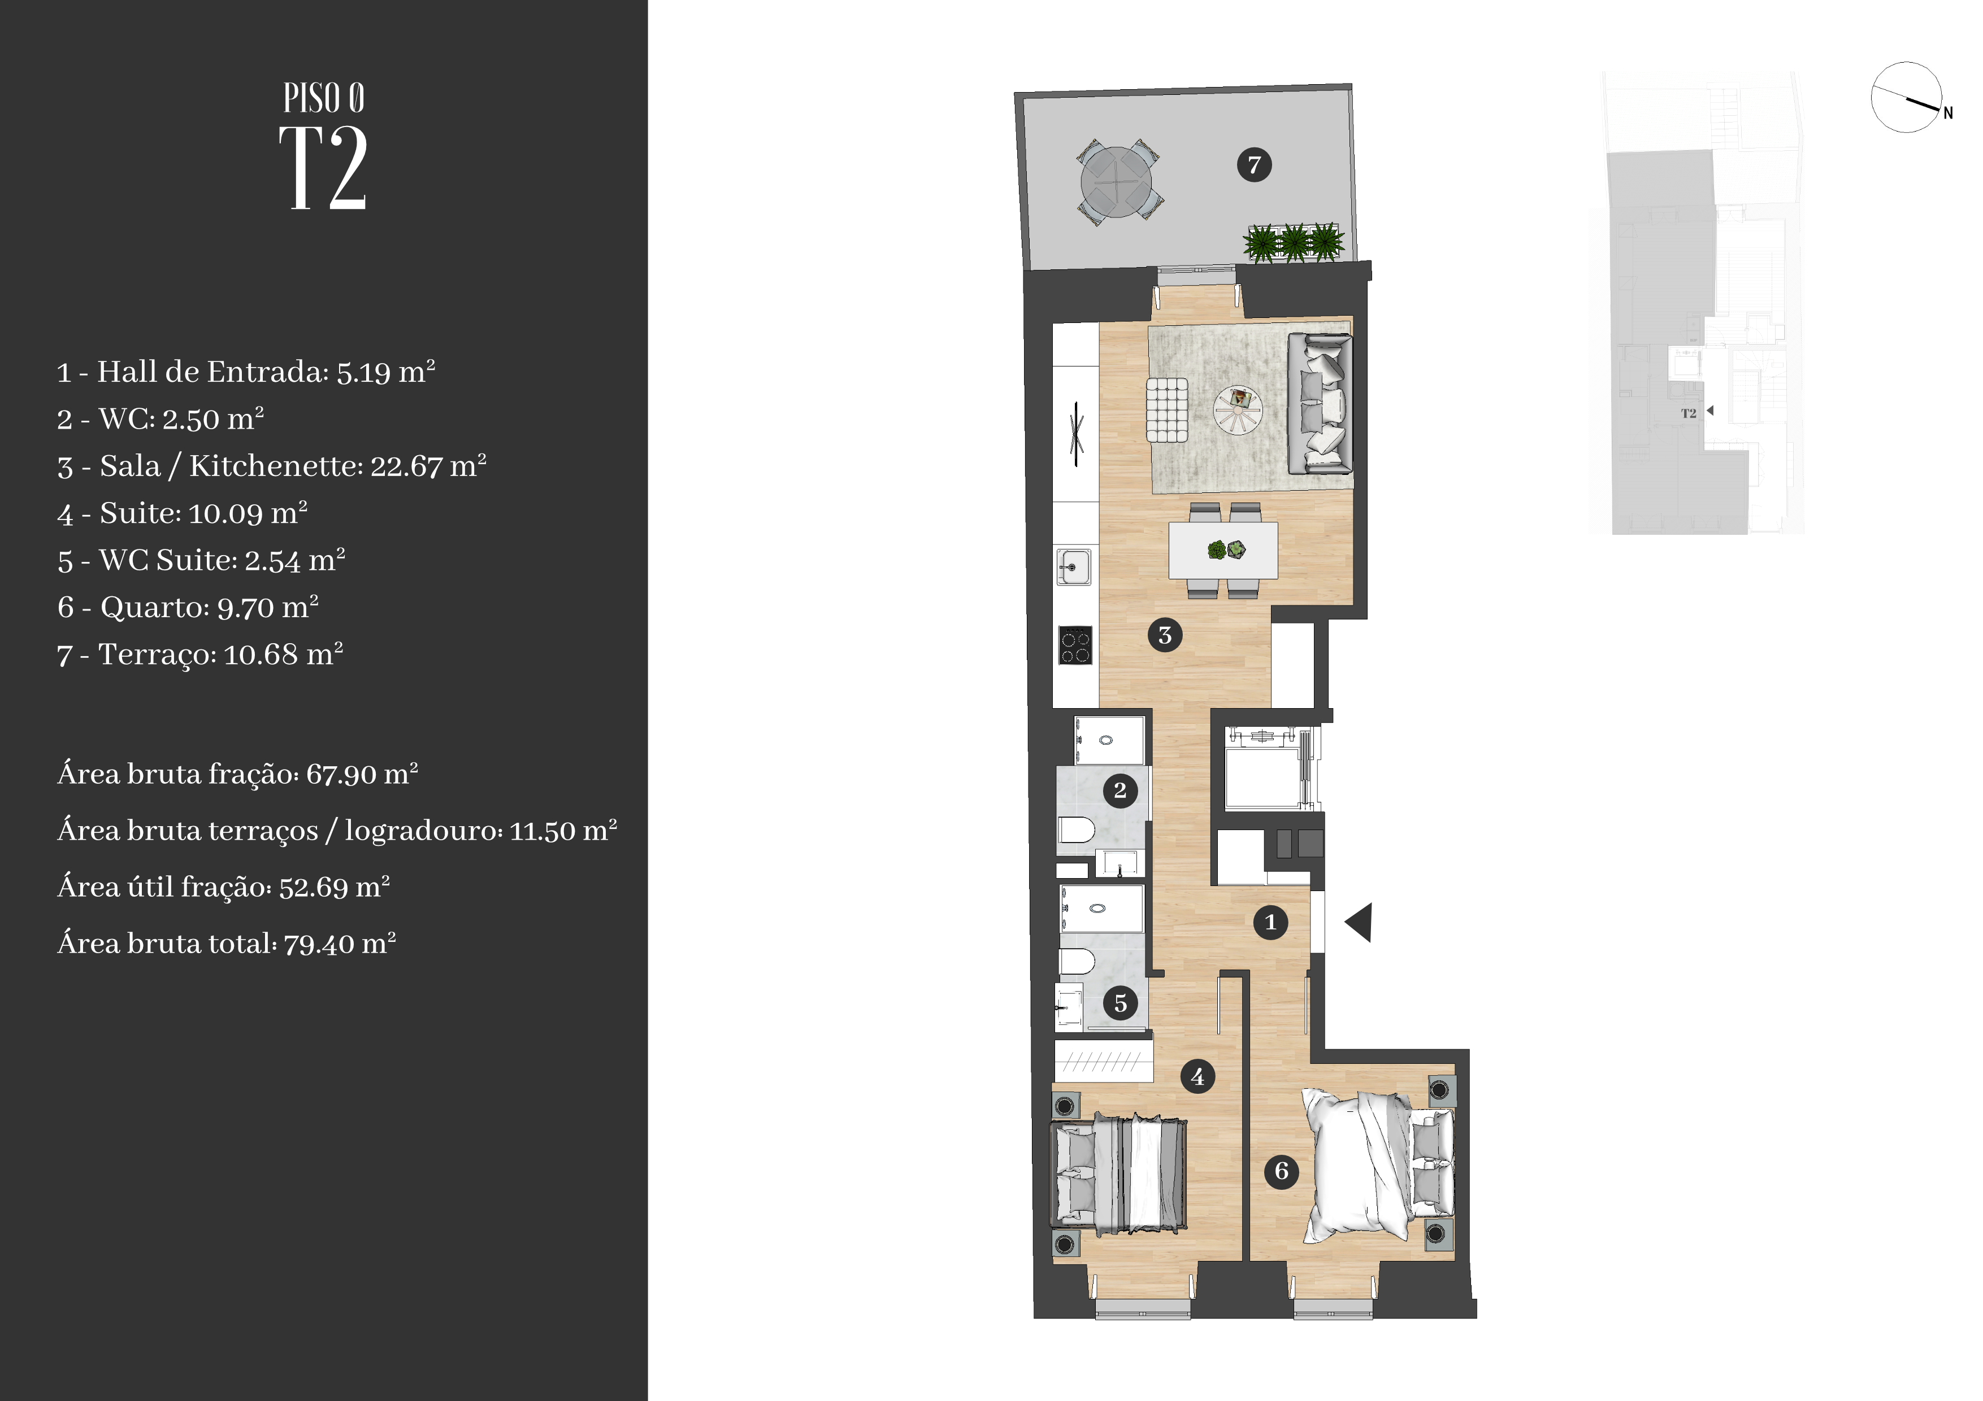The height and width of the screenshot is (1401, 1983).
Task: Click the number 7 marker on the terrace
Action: pyautogui.click(x=1254, y=164)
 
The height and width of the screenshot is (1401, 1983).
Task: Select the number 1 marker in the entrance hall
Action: pyautogui.click(x=1270, y=922)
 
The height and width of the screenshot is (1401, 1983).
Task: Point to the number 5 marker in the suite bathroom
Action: pyautogui.click(x=1120, y=1003)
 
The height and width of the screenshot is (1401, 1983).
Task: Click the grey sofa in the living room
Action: pyautogui.click(x=1320, y=403)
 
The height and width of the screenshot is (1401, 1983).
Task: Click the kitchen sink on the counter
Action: pyautogui.click(x=1073, y=567)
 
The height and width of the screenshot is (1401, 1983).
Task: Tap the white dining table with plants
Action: pyautogui.click(x=1223, y=550)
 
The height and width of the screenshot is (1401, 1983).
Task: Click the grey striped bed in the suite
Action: pyautogui.click(x=1118, y=1172)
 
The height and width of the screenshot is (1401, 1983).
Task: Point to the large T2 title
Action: pyautogui.click(x=324, y=168)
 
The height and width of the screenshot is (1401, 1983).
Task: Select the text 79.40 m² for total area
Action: pyautogui.click(x=340, y=944)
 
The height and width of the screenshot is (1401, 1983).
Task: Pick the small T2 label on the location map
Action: pyautogui.click(x=1689, y=413)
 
